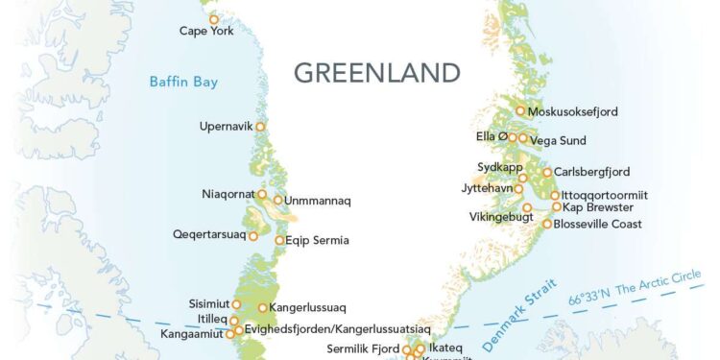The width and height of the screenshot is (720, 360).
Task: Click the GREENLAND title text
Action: click(376, 73)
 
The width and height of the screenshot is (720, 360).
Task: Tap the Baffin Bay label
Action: click(182, 82)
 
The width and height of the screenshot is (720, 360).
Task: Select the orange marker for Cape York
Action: click(214, 18)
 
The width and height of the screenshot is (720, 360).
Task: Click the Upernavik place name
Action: click(226, 126)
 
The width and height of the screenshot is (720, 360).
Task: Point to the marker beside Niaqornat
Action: click(262, 194)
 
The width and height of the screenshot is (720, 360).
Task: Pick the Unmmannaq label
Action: click(318, 201)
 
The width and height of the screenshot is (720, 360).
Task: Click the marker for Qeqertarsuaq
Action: click(253, 234)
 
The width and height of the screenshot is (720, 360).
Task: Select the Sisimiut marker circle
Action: click(236, 304)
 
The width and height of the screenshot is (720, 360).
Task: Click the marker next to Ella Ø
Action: click(513, 137)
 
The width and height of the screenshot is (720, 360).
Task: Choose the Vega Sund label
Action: click(558, 140)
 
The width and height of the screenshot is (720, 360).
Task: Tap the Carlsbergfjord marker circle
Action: click(546, 173)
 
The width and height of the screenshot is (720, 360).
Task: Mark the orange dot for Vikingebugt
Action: click(527, 207)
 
